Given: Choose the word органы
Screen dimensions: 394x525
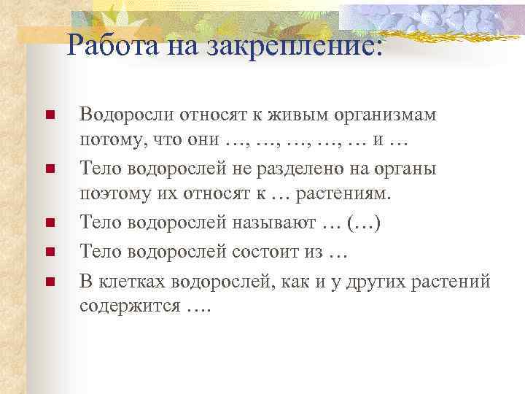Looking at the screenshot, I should [408, 169].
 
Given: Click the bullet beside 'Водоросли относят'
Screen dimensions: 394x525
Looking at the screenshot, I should [50, 115].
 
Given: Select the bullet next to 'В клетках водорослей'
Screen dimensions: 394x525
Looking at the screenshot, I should [50, 278].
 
